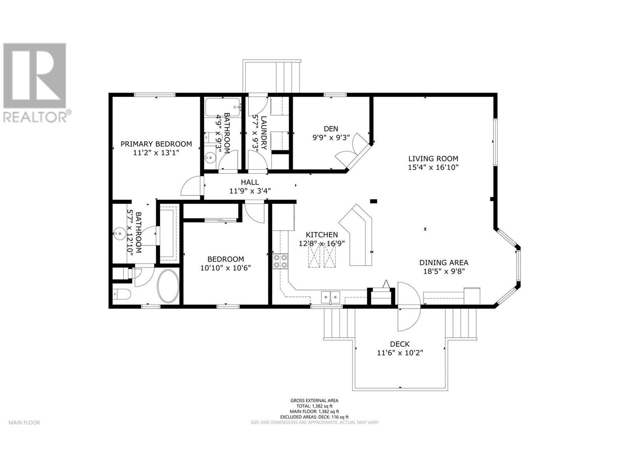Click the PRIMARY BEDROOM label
point(156,144)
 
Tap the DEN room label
point(331,129)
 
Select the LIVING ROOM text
point(433,159)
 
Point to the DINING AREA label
point(443,263)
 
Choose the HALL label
point(250,182)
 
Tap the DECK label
point(400,344)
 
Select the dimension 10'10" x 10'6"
point(225,268)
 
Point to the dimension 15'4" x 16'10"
point(433,167)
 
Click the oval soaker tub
point(168,286)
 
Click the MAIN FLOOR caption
point(24,422)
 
